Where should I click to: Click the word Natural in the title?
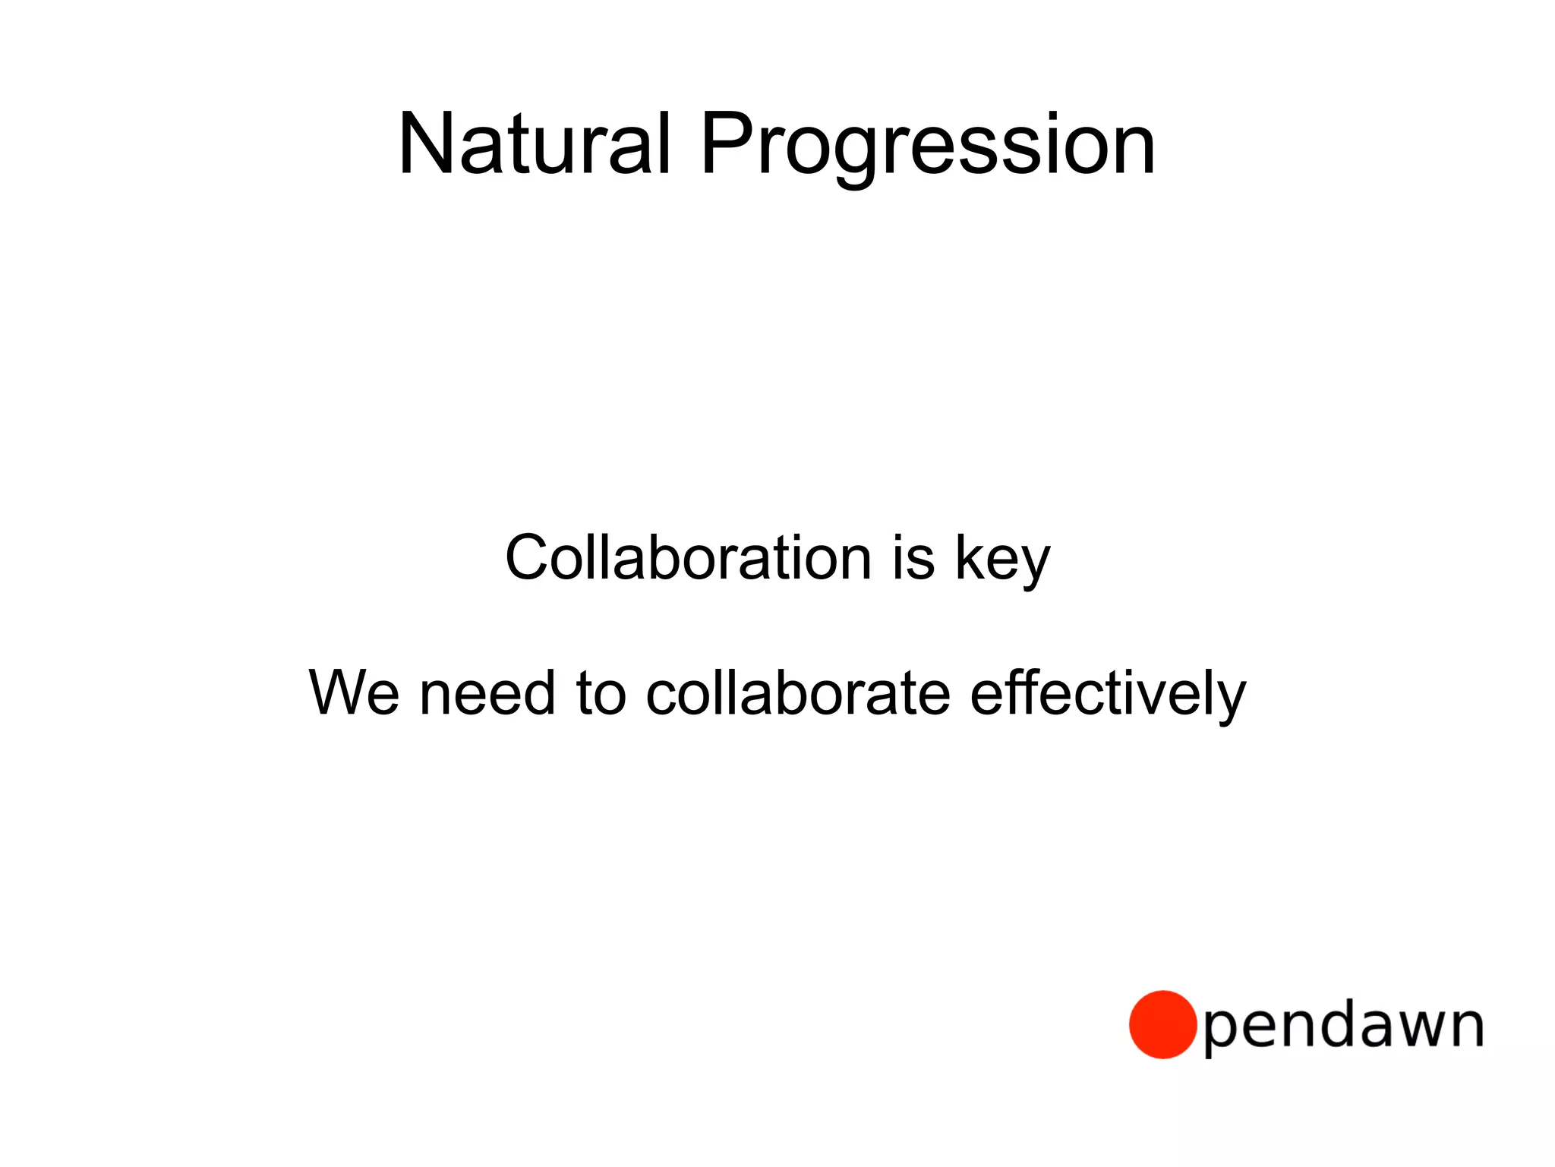tap(534, 144)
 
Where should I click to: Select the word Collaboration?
tap(688, 558)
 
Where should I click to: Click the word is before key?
tap(913, 558)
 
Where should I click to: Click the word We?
tap(354, 692)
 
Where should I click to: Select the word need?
tap(487, 694)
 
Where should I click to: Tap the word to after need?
tap(601, 694)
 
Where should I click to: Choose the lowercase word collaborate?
tap(797, 692)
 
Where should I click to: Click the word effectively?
tap(1108, 694)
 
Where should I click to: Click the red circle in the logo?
tap(1162, 1024)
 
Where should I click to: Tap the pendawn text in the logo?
tap(1343, 1027)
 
